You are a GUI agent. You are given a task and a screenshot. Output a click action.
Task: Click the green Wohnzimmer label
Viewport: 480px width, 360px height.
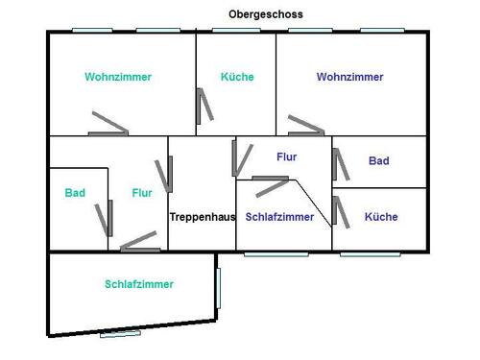(118, 77)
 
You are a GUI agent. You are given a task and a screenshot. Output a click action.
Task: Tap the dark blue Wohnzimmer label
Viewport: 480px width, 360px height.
(350, 77)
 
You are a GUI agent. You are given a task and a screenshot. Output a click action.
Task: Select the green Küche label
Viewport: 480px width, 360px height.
(237, 77)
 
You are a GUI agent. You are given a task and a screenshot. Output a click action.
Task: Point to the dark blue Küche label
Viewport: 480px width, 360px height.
(381, 217)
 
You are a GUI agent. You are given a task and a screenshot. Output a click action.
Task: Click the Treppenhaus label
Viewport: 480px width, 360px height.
(202, 217)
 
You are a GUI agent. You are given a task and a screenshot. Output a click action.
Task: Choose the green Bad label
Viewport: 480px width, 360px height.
(75, 193)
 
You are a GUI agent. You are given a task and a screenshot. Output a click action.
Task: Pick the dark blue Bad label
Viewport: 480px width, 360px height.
(379, 161)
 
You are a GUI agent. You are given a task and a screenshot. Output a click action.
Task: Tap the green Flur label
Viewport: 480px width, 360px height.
(142, 193)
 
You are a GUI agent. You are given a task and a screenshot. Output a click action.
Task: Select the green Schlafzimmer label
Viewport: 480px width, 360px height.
(139, 284)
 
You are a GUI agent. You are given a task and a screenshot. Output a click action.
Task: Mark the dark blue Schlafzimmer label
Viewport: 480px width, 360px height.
(279, 217)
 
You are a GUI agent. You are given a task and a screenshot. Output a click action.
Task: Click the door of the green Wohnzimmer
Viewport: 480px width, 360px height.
(108, 125)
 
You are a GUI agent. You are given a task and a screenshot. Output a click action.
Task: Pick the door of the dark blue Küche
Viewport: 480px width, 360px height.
(341, 212)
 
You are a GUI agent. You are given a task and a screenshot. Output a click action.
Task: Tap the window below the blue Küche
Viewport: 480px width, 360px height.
(372, 254)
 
